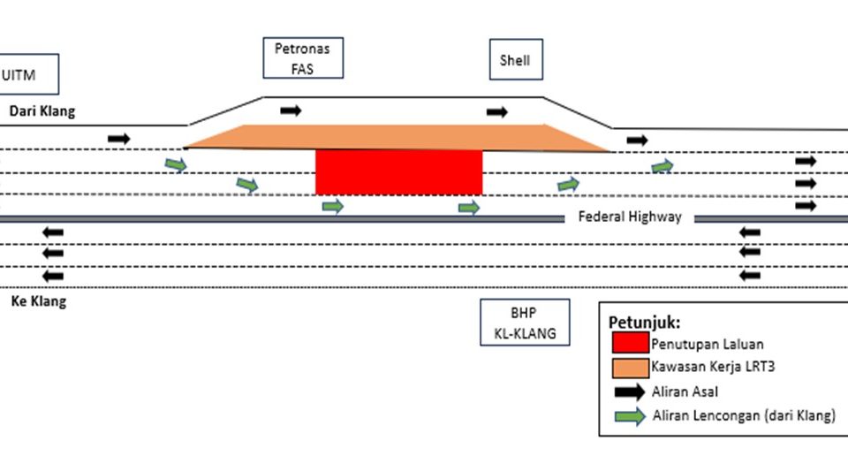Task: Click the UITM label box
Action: tap(28, 74)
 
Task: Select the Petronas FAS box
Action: tap(302, 57)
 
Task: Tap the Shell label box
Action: tap(515, 61)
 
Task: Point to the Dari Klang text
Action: tap(42, 111)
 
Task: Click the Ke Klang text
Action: tap(38, 301)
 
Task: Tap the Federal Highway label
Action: tap(630, 217)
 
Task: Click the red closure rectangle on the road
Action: tap(399, 171)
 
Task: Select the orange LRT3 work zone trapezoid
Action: tap(397, 137)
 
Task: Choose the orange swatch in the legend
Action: tap(628, 366)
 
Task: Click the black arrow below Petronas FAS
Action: tap(291, 110)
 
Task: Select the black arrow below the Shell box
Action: tap(497, 112)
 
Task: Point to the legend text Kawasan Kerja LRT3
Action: tap(708, 366)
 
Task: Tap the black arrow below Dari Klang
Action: tap(118, 139)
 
